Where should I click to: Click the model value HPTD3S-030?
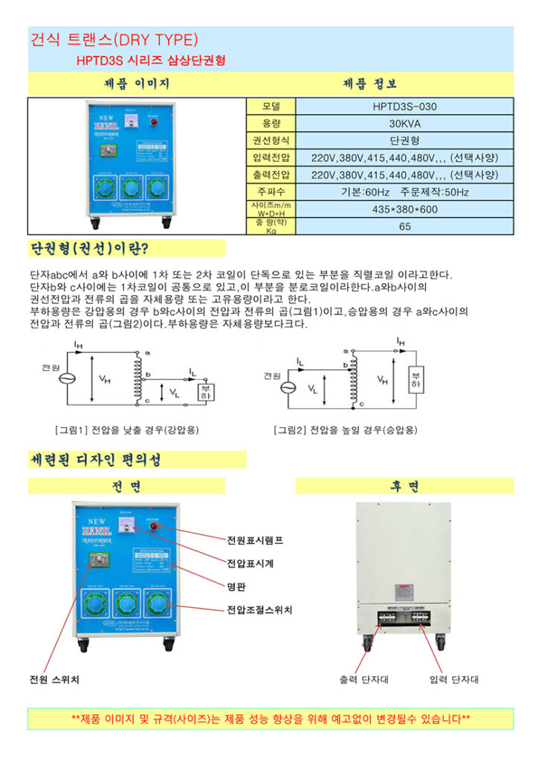(x=404, y=106)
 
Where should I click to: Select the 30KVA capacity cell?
(x=404, y=123)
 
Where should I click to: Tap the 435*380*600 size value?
(x=404, y=209)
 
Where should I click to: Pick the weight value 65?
(x=404, y=227)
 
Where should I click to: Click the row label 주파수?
(x=270, y=192)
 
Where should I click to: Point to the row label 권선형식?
(x=270, y=140)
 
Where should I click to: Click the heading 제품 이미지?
(x=137, y=83)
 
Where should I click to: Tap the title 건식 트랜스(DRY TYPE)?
(x=114, y=39)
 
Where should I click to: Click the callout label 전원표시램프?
(x=255, y=540)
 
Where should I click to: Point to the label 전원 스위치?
(x=54, y=679)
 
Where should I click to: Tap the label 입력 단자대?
(x=453, y=679)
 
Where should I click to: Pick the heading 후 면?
(x=404, y=486)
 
